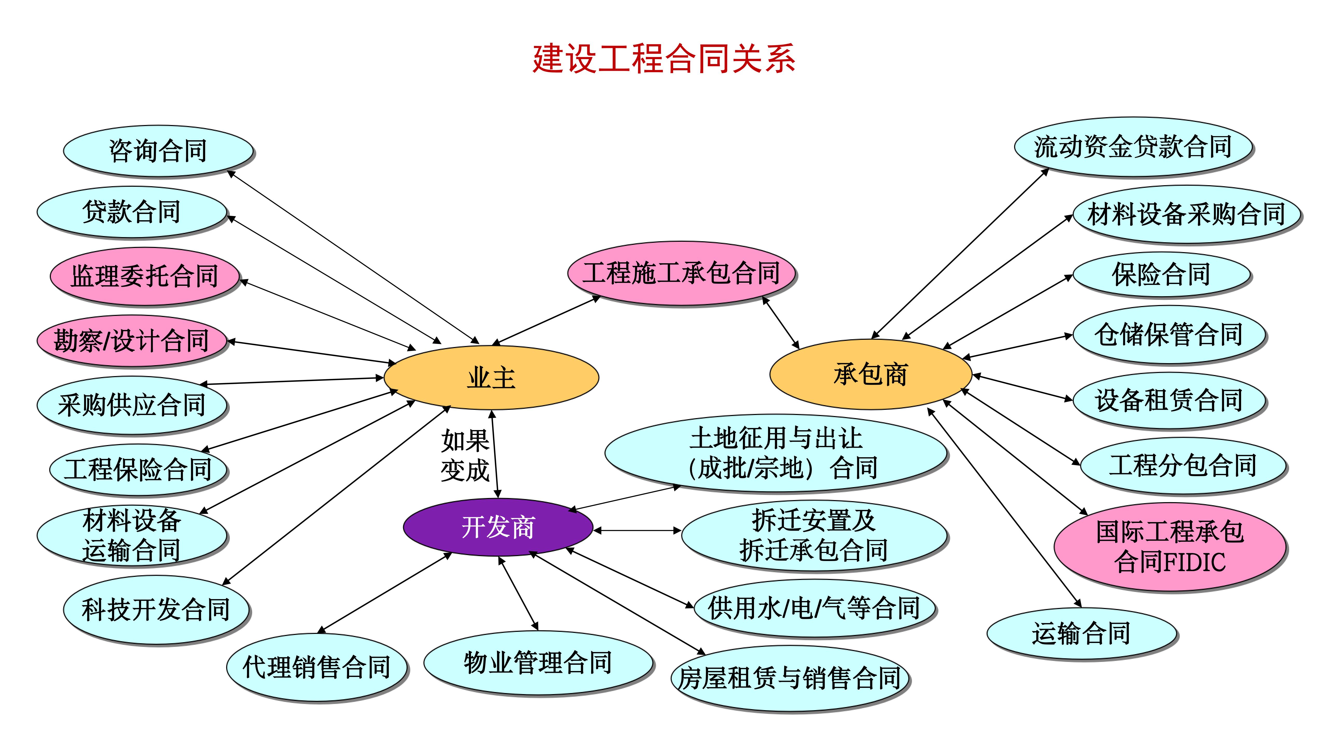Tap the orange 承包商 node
coord(870,374)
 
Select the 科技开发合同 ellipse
coord(156,609)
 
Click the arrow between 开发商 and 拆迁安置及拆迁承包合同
coord(637,530)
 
